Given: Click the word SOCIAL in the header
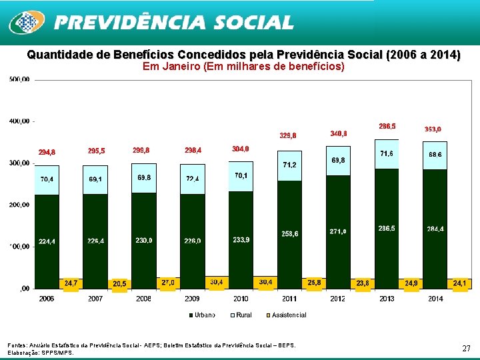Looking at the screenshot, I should tap(253, 23).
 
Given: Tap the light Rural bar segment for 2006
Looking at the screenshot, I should tap(47, 179).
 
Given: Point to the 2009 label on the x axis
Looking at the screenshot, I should tap(192, 299).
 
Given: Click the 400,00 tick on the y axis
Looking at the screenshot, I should tap(19, 121).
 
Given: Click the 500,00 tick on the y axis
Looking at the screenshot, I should tap(19, 79).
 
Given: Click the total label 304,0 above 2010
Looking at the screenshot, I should tap(241, 149).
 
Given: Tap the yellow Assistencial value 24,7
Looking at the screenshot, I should tap(71, 283).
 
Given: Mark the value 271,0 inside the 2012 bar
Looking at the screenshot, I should tap(338, 231).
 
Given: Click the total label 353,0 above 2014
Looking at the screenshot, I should tap(433, 129).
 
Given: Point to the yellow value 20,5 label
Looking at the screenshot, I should tap(119, 284).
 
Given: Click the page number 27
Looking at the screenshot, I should tap(466, 348).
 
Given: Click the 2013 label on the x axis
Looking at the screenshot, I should tap(387, 299).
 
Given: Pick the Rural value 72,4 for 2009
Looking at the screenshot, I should tap(193, 179).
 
